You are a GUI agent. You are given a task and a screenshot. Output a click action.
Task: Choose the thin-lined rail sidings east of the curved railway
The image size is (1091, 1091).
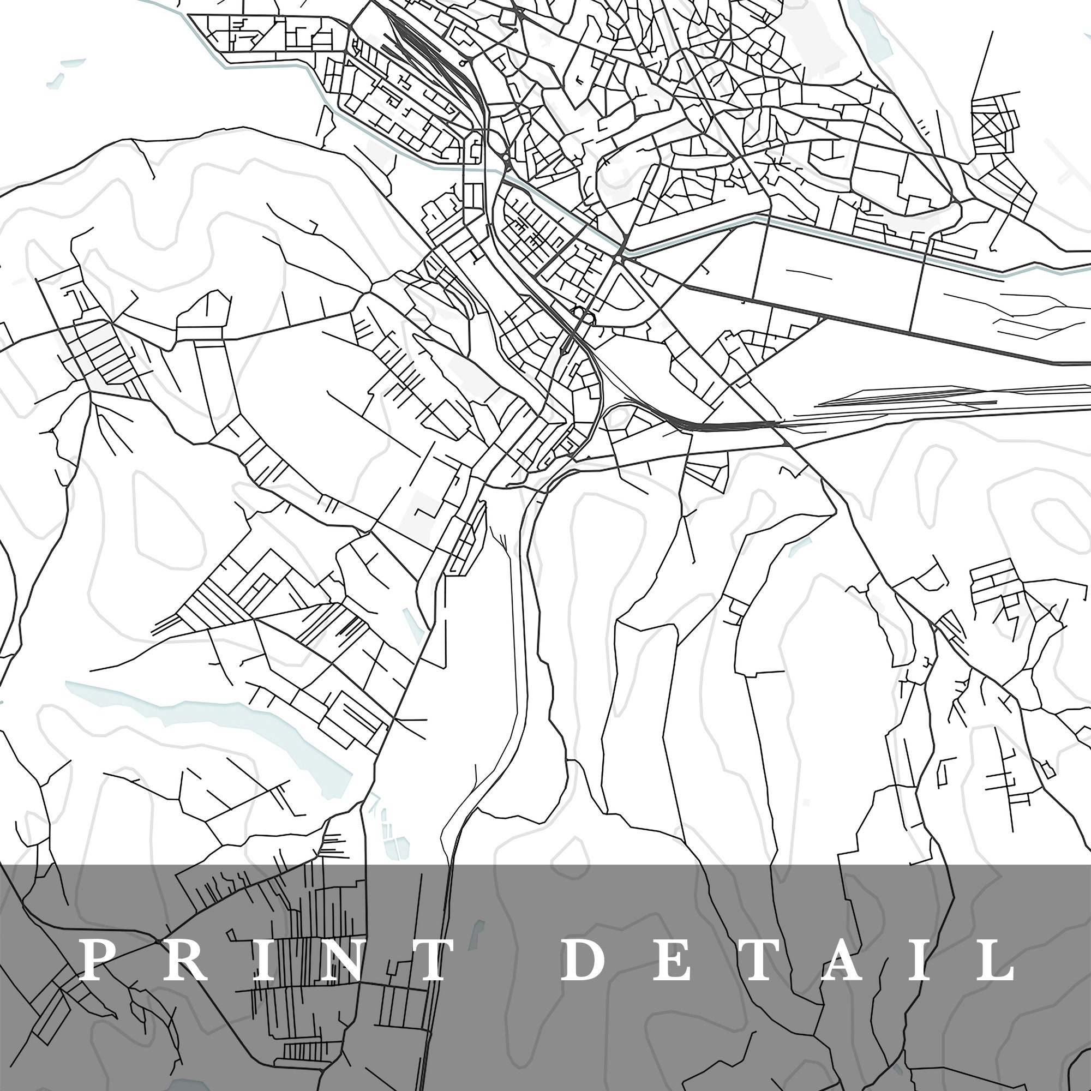[903, 395]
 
